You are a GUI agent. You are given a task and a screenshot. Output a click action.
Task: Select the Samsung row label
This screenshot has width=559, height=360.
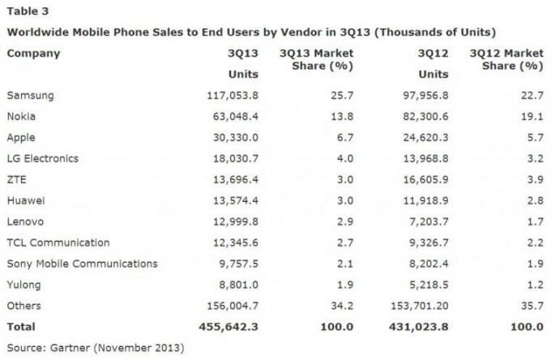30,96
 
